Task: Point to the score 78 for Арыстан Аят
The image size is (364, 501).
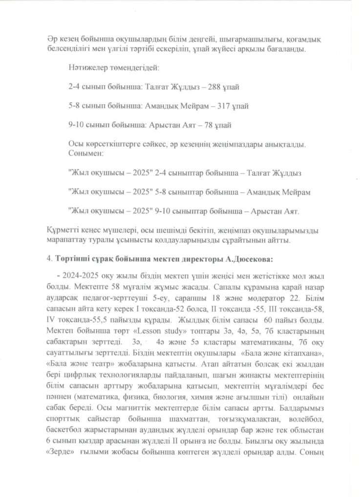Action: click(208, 125)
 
